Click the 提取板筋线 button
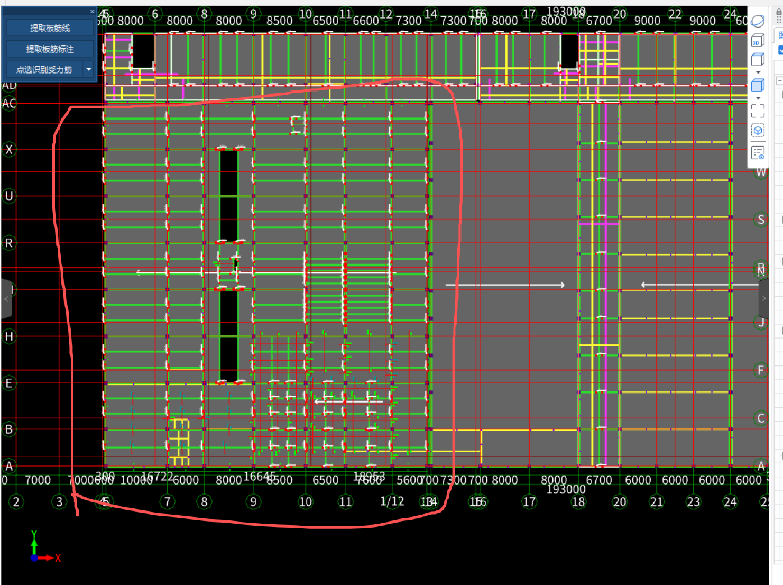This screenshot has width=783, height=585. coord(50,28)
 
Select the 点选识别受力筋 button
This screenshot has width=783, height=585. coord(44,69)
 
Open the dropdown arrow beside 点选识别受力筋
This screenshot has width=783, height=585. coord(89,69)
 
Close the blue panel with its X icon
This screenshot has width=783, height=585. coord(92,11)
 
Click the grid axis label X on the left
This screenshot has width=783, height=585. coord(9,150)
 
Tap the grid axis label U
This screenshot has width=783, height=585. coord(9,196)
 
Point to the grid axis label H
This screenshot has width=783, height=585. coord(9,336)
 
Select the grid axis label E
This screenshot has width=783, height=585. coord(9,383)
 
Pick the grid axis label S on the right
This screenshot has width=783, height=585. coord(761,220)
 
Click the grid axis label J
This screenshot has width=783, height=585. coord(761,322)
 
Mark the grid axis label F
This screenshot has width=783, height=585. coord(761,370)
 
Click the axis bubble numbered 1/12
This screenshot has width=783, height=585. coord(392,501)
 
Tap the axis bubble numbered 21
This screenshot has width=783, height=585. coord(656,501)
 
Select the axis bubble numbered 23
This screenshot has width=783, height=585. coord(693,501)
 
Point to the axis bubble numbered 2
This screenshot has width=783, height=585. coord(16,501)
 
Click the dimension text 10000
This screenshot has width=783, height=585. coord(136,480)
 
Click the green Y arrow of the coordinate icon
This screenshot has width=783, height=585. coord(34,542)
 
